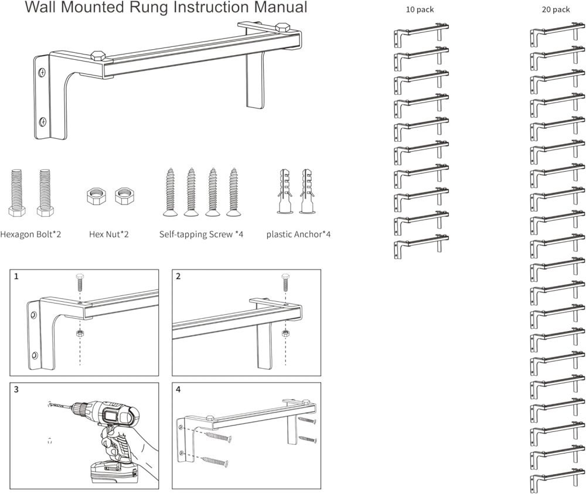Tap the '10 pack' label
420,9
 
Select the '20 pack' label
556,9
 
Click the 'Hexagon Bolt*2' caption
30,234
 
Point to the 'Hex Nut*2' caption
109,234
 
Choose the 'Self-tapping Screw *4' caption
201,234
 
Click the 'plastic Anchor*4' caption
298,234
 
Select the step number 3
17,390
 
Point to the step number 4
179,390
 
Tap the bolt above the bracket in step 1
80,281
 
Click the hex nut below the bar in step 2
285,333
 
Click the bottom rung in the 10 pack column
421,246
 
